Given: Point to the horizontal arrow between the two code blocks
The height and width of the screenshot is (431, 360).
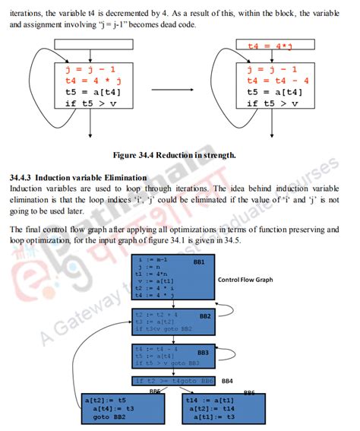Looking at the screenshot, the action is pyautogui.click(x=173, y=89).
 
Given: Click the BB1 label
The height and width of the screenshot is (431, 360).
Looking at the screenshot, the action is pyautogui.click(x=200, y=262).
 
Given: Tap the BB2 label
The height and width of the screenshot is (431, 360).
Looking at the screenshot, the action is pyautogui.click(x=205, y=315).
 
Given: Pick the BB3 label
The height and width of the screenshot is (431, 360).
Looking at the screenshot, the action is pyautogui.click(x=203, y=353).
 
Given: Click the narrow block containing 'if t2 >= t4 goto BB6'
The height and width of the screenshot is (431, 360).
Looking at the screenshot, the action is pyautogui.click(x=175, y=381).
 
